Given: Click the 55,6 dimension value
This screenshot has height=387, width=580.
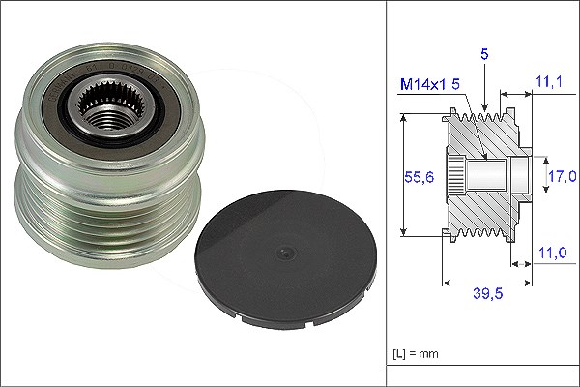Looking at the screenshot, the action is (x=419, y=177).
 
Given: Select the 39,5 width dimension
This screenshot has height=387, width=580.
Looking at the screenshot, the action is (x=488, y=294).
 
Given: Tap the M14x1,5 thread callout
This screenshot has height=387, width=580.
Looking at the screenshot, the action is (x=430, y=84).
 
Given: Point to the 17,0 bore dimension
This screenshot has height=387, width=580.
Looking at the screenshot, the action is (x=562, y=176).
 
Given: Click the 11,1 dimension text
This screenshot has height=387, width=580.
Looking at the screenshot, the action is (x=549, y=81).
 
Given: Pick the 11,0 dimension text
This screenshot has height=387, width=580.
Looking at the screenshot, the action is (x=552, y=253).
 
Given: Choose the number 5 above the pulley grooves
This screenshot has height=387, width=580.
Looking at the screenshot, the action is (x=484, y=54).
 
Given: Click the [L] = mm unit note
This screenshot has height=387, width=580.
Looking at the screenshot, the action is (x=416, y=354).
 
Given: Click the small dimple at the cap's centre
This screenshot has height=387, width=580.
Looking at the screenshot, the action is (x=285, y=253).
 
